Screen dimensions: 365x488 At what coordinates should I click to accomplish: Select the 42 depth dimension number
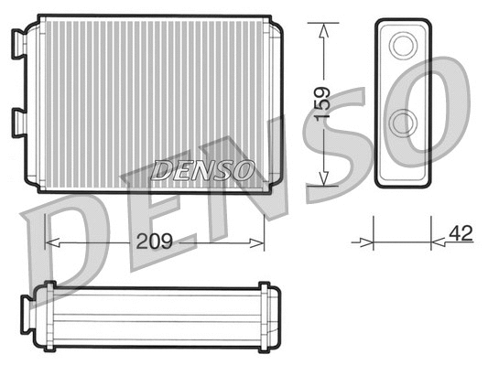tap(461, 233)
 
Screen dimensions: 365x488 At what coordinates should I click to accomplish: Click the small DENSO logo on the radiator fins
tap(203, 169)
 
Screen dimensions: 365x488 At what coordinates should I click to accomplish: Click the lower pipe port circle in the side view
tap(403, 122)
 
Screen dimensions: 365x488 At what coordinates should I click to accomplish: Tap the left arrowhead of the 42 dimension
tap(369, 242)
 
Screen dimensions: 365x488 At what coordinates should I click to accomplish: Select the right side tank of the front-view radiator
tap(273, 105)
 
